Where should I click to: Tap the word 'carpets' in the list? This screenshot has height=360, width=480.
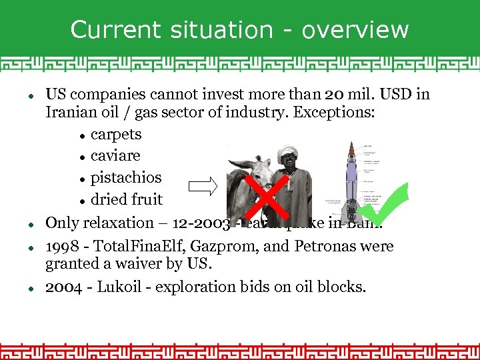coord(116,135)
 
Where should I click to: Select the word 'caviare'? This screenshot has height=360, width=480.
coord(115,156)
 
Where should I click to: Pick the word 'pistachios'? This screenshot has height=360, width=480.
coord(126,178)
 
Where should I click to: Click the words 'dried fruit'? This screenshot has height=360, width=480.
coord(127,199)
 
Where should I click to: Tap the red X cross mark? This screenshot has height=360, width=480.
coord(267,197)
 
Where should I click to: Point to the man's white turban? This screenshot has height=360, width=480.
coord(288,152)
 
